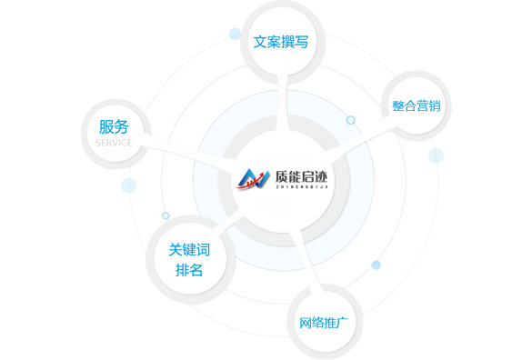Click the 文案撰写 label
[x=281, y=42]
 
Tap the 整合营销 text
[x=417, y=105]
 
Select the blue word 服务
[x=114, y=127]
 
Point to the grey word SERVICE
[x=114, y=143]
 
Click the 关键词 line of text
[x=189, y=250]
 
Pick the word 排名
[x=189, y=270]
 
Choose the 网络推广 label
[x=324, y=323]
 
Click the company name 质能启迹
[x=302, y=176]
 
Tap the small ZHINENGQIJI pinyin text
[x=302, y=186]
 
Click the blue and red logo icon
[x=253, y=179]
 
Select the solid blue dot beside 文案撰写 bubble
[x=236, y=34]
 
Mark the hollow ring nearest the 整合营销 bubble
[x=350, y=120]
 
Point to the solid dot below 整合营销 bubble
[x=436, y=155]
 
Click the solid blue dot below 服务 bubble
[x=128, y=185]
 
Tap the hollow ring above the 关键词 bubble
[x=166, y=215]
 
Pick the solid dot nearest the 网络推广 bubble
[x=376, y=265]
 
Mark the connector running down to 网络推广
[x=311, y=261]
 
